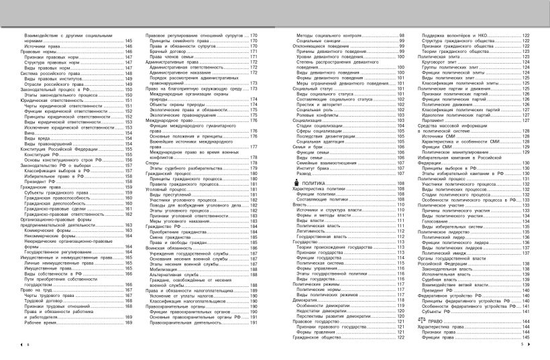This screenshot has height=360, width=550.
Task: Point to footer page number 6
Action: [x=28, y=344]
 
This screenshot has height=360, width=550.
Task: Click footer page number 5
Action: [x=521, y=344]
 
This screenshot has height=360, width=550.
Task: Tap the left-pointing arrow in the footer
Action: [x=21, y=344]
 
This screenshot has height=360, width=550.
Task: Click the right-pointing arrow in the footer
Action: [x=529, y=344]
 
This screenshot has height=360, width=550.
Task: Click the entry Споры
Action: [x=153, y=163]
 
